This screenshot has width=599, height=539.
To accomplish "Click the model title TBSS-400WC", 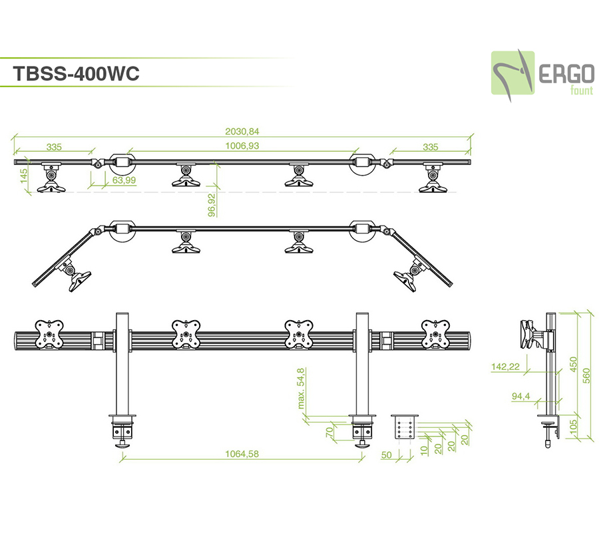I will click(x=76, y=74).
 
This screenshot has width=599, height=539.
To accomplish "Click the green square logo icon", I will click(x=513, y=73).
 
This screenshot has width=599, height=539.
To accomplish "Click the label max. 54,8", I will click(x=301, y=388).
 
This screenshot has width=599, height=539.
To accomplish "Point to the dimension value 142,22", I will click(x=507, y=367).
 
